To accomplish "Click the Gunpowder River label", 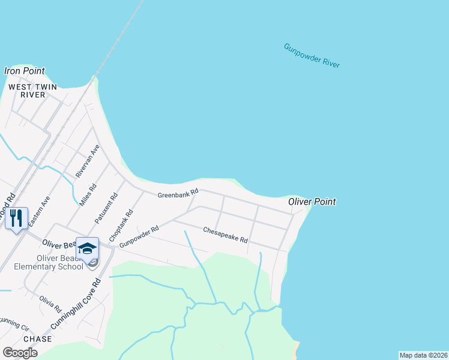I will tap(312, 56).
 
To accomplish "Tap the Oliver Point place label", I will tap(312, 202).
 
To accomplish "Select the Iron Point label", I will tap(25, 71).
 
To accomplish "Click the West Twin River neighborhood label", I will tap(32, 91).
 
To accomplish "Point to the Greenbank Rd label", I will tap(178, 194).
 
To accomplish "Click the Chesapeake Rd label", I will tap(225, 235).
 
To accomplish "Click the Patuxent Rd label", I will tap(106, 209).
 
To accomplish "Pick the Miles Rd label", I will tap(88, 195).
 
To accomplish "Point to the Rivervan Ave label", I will tap(88, 161).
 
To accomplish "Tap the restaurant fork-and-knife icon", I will tap(16, 217).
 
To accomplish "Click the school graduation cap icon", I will tap(88, 248).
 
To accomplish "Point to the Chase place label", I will tap(37, 339).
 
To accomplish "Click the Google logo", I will tap(20, 352).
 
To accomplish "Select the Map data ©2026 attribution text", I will tap(423, 355).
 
